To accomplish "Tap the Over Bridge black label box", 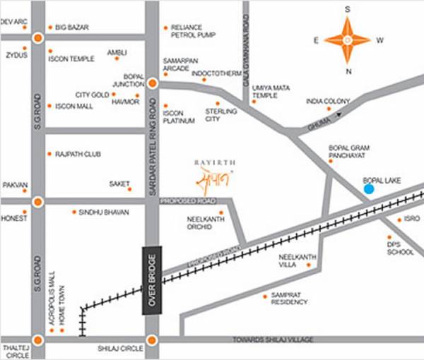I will tap(152, 280).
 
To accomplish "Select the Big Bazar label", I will tap(73, 28).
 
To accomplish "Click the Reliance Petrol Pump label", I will tap(191, 32).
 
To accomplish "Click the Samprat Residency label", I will tap(290, 299).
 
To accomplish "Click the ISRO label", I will tap(411, 220).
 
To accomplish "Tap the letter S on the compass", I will tap(348, 9).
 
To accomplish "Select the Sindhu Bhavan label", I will tap(101, 212).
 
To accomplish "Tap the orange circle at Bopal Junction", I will tap(152, 83).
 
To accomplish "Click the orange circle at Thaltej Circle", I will tap(38, 340).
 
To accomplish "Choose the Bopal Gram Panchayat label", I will tap(350, 152).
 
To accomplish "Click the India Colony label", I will tap(327, 101).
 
